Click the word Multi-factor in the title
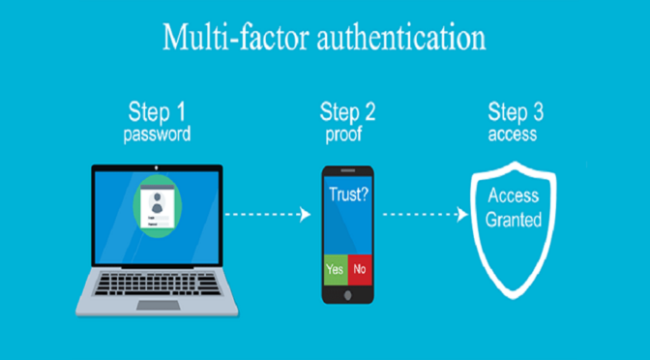point(222,39)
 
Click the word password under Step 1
point(156,135)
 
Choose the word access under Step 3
point(514,135)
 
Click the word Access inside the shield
point(514,195)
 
